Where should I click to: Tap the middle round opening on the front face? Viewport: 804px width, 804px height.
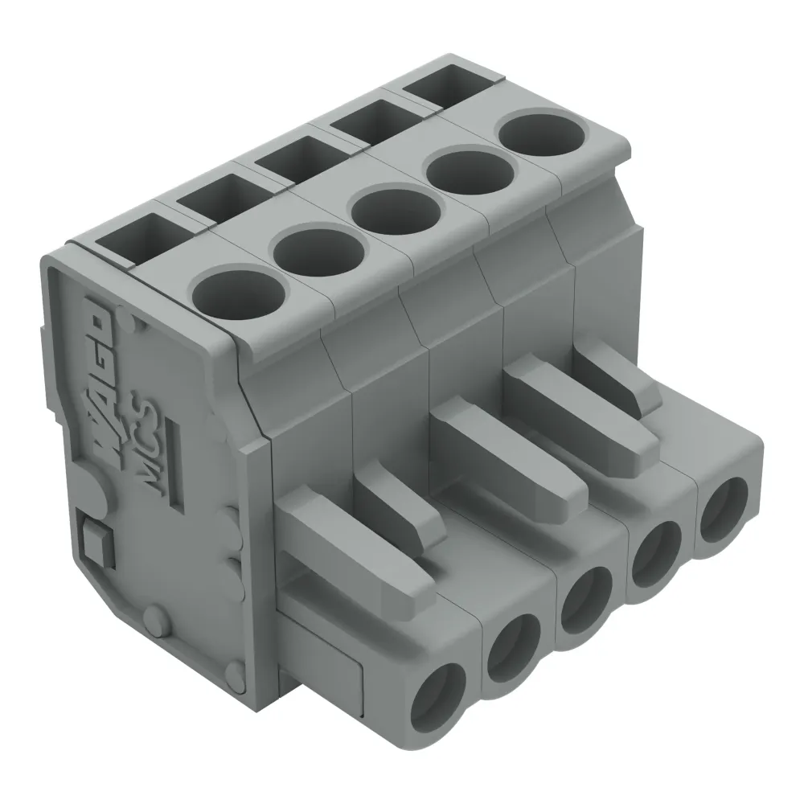585,600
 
